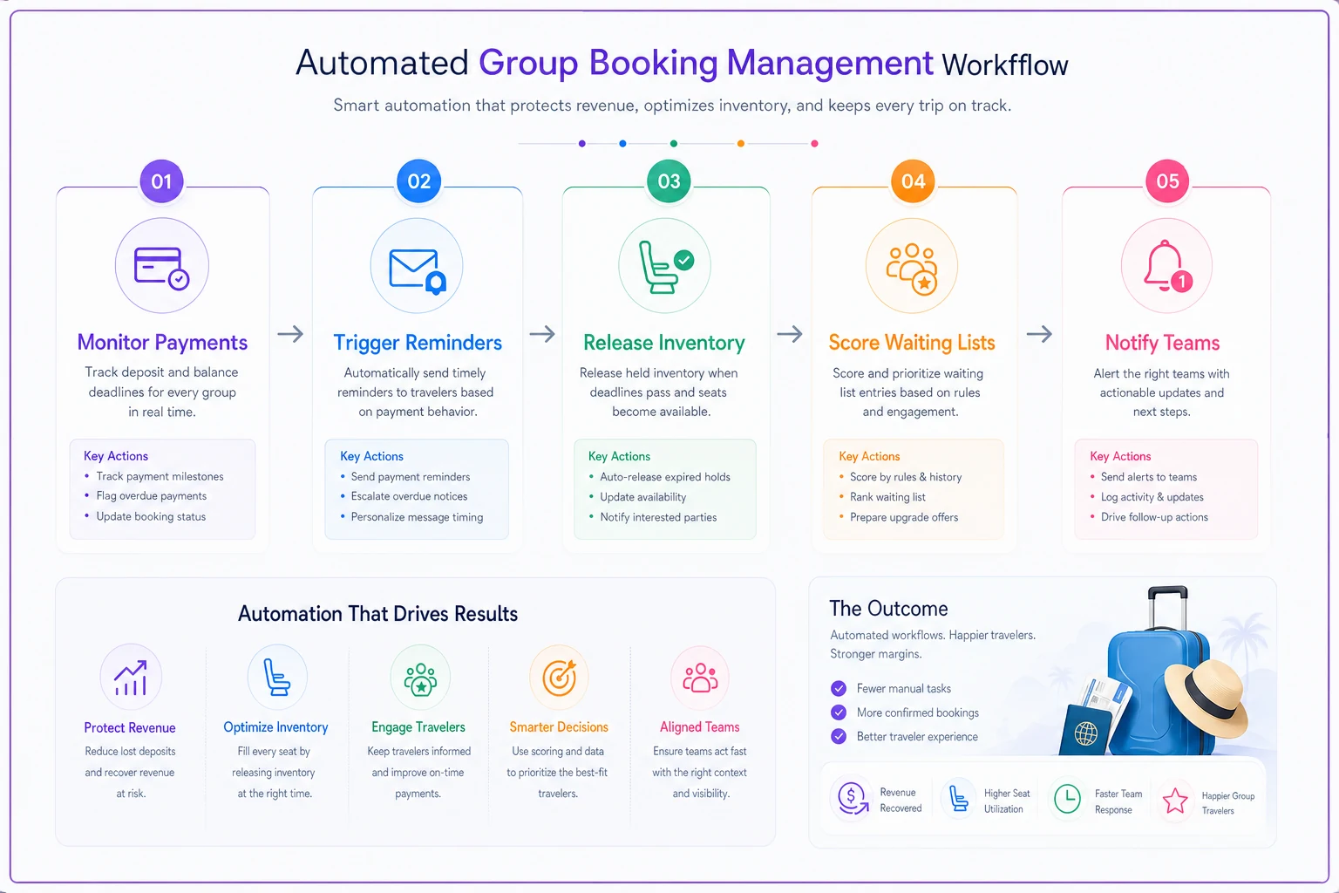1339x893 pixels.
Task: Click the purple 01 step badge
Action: point(161,181)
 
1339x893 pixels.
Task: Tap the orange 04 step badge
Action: point(913,181)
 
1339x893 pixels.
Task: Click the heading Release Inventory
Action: point(664,343)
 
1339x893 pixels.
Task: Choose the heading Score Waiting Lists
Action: point(912,343)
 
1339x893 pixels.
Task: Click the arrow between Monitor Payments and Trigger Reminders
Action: point(290,334)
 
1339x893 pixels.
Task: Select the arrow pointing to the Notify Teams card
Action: point(1039,334)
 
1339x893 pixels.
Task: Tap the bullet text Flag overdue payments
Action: point(151,496)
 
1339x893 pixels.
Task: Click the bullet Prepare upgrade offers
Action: point(904,517)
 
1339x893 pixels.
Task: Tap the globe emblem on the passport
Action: point(1085,733)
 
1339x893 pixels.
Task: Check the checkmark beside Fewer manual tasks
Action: point(839,688)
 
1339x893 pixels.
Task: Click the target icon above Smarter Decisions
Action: point(560,677)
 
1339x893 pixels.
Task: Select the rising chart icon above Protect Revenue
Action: point(131,678)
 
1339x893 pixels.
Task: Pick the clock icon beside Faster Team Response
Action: point(1067,799)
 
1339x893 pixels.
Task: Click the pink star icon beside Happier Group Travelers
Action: point(1174,801)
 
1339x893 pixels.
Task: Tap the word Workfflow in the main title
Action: point(1005,65)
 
